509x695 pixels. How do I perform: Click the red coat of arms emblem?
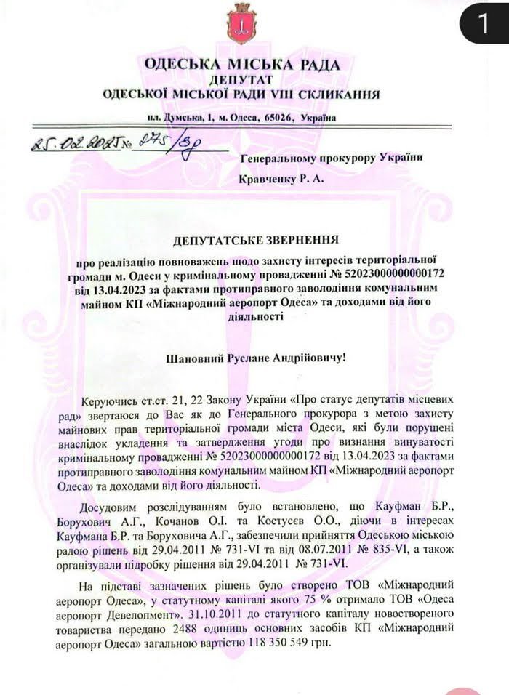click(238, 24)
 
